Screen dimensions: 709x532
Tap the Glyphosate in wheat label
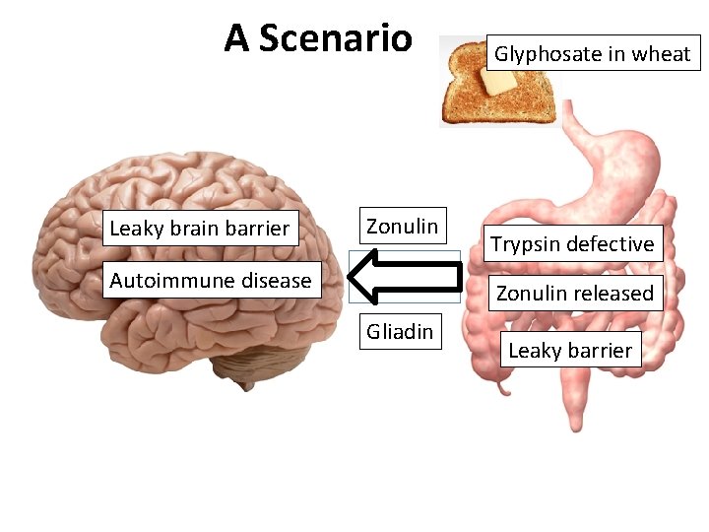[x=592, y=54]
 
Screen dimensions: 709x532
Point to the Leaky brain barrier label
[x=200, y=229]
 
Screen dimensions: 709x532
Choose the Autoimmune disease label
[x=210, y=281]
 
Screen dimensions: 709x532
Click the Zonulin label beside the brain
[x=402, y=227]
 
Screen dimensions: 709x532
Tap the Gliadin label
[x=400, y=332]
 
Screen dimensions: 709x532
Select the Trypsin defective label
[x=572, y=244]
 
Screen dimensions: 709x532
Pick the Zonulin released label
[x=574, y=293]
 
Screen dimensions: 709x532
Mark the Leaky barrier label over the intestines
[x=570, y=350]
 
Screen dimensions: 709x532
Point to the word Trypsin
[x=524, y=244]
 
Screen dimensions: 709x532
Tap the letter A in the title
[x=236, y=38]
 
